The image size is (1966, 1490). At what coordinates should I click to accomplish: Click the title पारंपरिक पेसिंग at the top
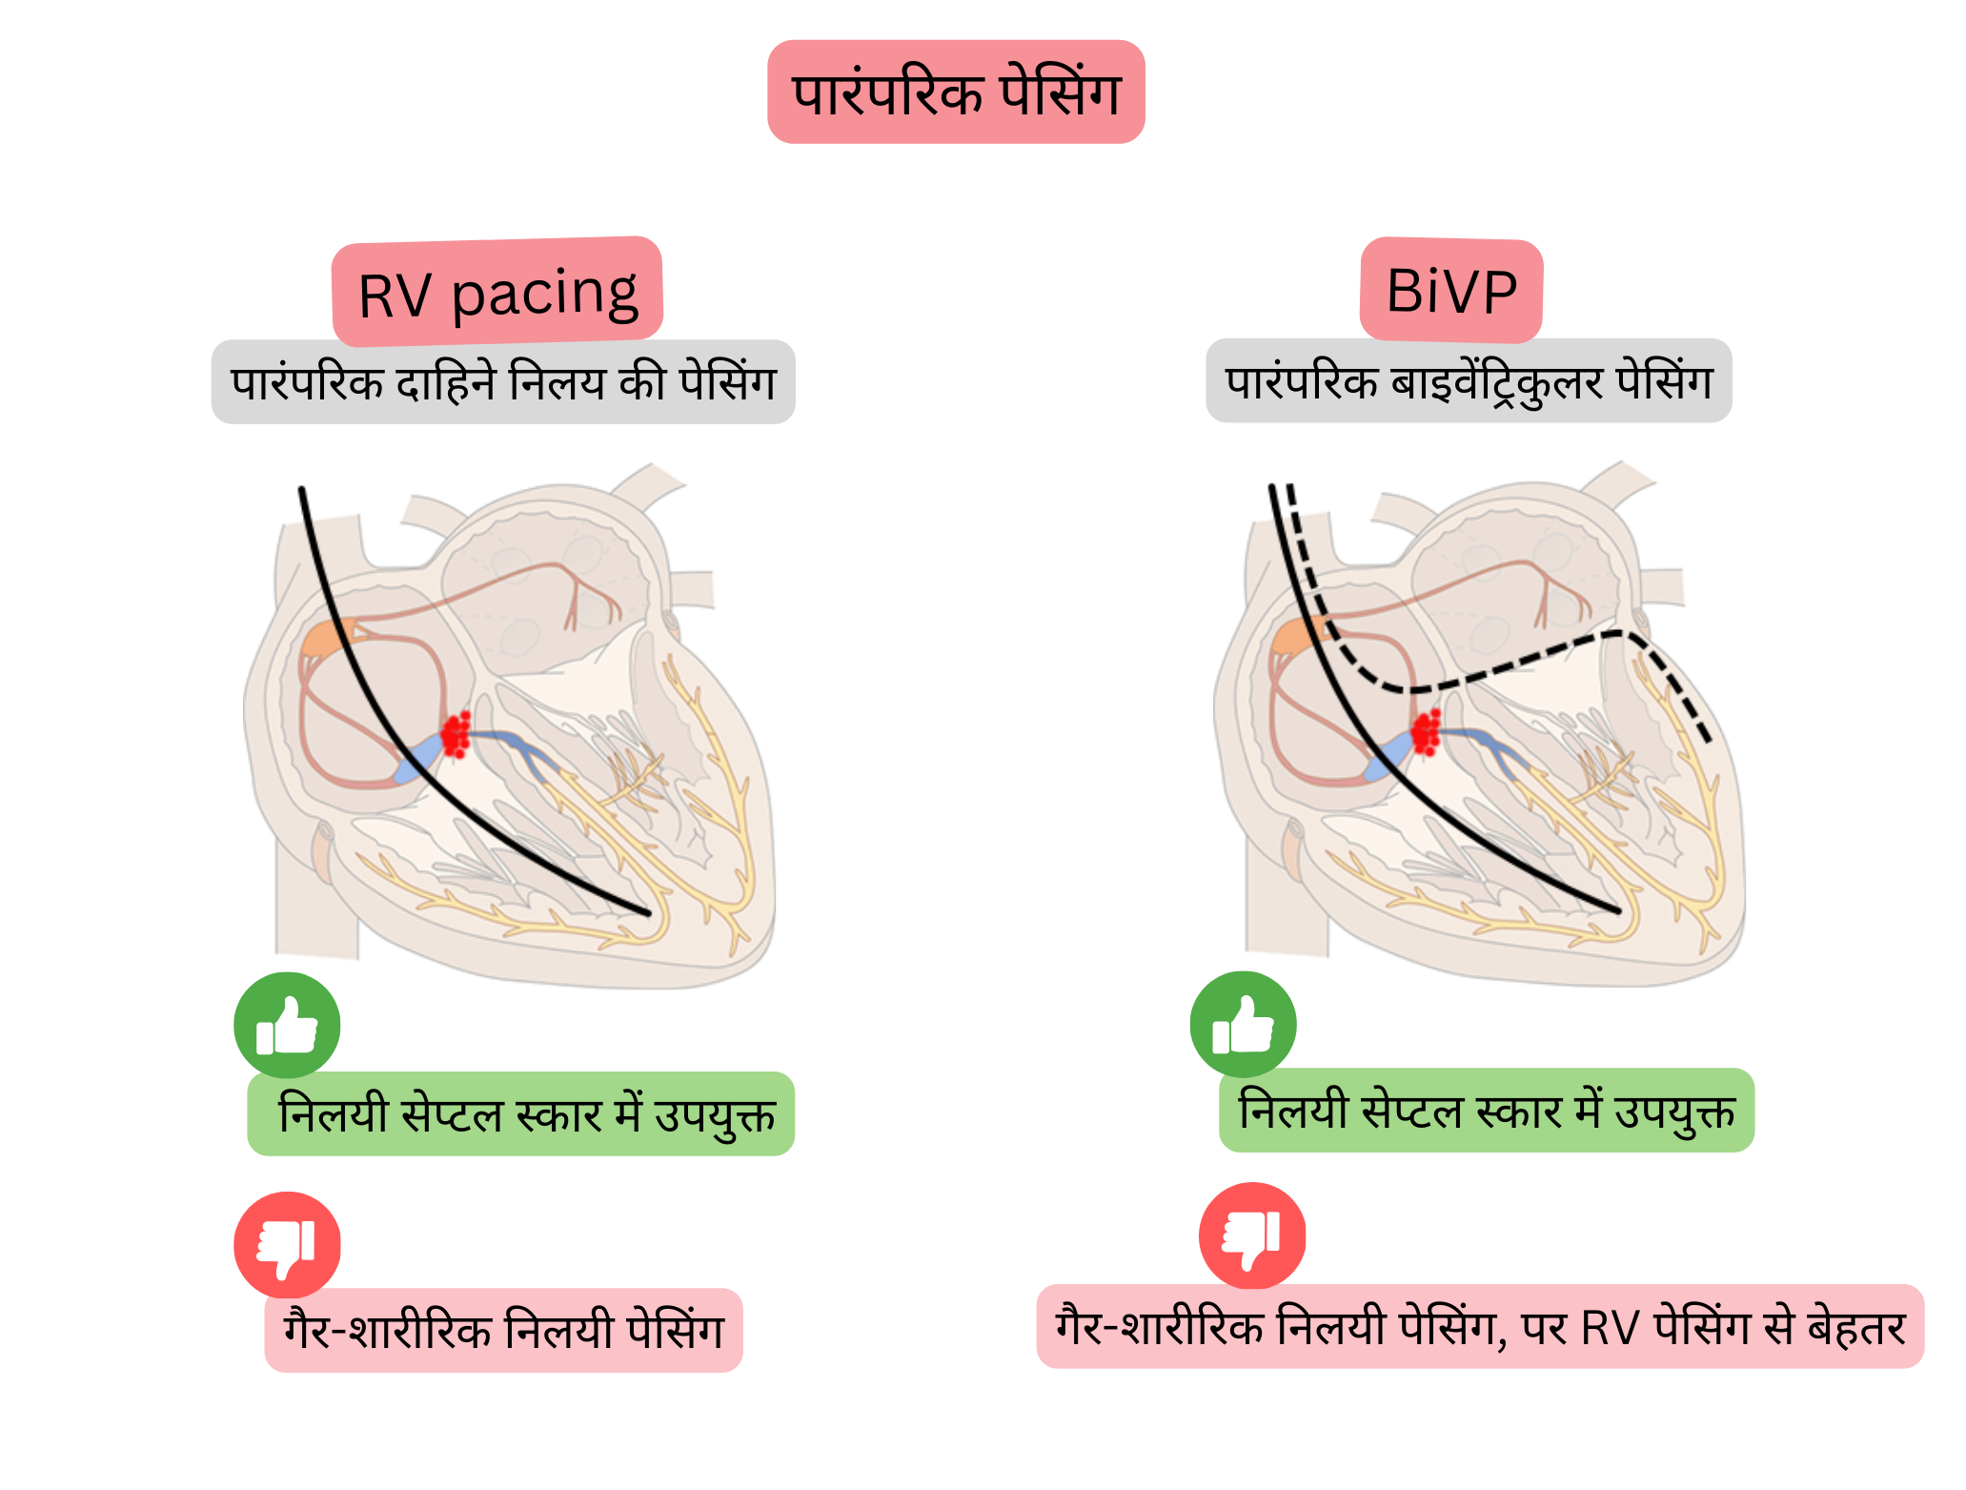click(955, 92)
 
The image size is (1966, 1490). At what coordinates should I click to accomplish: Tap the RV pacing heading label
click(497, 293)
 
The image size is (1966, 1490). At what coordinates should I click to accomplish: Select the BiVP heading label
click(1450, 291)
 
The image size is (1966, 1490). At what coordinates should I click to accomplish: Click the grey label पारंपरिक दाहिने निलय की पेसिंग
click(503, 382)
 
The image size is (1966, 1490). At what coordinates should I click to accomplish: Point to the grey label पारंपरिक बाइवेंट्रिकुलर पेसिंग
click(1469, 380)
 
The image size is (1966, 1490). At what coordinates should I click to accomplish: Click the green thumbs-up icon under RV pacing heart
click(287, 1025)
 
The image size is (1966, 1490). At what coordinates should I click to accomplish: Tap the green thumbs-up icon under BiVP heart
click(1243, 1024)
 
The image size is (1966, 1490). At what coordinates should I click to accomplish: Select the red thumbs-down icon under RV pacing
click(287, 1244)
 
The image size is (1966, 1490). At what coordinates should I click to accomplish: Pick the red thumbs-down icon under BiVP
click(1251, 1235)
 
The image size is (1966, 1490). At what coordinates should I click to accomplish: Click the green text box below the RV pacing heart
click(521, 1113)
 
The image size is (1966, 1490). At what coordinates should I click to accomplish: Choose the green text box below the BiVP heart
click(1486, 1110)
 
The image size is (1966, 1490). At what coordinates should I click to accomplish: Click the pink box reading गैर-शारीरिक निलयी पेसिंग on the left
click(503, 1330)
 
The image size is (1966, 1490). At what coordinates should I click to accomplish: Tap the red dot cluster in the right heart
click(1427, 732)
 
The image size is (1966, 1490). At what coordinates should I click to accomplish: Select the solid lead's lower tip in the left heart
click(647, 913)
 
